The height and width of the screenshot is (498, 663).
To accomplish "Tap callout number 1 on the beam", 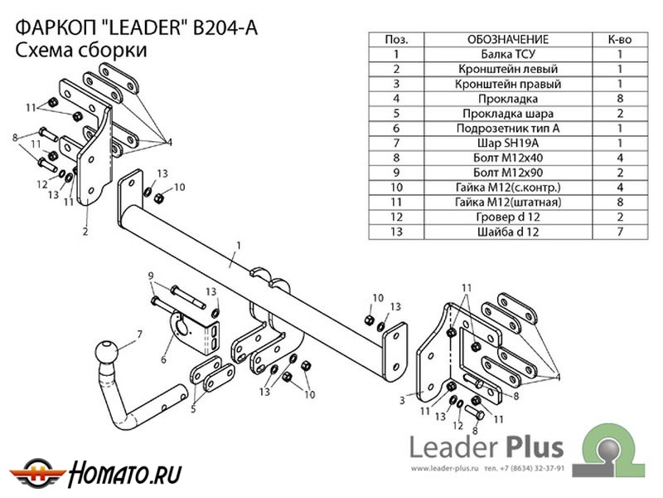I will tap(238, 244).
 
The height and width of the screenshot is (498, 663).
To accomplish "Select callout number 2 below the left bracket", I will tap(85, 232).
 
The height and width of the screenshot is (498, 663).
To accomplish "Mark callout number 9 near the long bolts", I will tap(151, 276).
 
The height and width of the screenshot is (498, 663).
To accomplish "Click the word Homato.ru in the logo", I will tap(123, 473).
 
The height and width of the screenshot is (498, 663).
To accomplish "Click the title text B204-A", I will tap(225, 27).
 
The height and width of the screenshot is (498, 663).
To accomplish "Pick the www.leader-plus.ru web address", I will tap(446, 468).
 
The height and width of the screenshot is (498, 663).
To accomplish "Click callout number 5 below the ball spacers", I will tap(194, 408).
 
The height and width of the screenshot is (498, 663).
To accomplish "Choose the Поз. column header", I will tap(397, 39).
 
